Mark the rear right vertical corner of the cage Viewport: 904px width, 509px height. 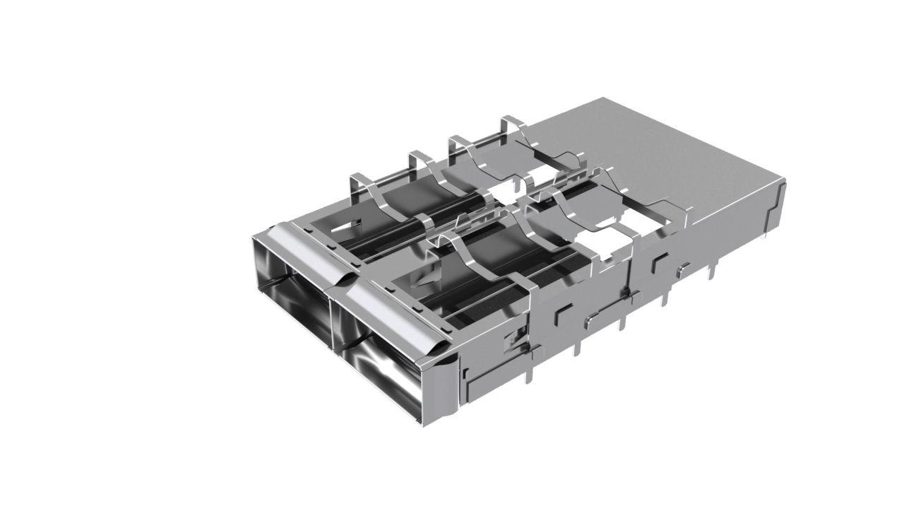coord(780,205)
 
